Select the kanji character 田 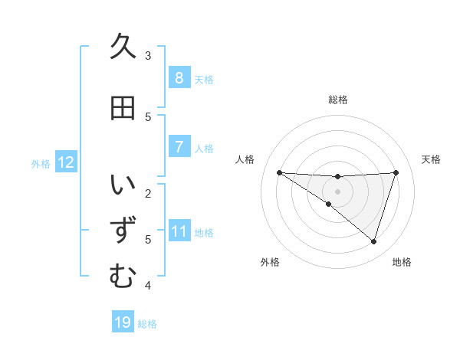point(122,108)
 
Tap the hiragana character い point(122,185)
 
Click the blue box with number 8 point(179,78)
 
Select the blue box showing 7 point(179,147)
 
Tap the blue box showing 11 point(179,231)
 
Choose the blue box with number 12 point(66,162)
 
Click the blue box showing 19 point(123,322)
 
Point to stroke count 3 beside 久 point(148,55)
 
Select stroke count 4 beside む point(148,286)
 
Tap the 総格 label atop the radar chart point(337,100)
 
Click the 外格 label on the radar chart point(270,262)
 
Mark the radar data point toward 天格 point(396,172)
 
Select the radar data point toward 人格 point(279,172)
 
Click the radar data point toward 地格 point(373,241)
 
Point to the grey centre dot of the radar point(337,191)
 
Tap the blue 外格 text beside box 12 point(41,163)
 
